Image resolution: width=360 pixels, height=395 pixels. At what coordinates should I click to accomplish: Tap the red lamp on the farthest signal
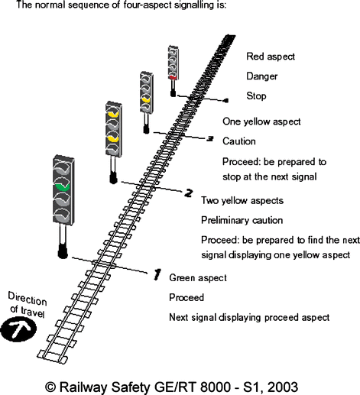pyautogui.click(x=174, y=76)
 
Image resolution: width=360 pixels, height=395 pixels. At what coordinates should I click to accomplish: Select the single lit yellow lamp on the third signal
pyautogui.click(x=144, y=98)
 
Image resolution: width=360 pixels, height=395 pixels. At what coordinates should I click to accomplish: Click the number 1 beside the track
pyautogui.click(x=157, y=272)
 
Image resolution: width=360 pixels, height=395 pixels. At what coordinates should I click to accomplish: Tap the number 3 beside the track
pyautogui.click(x=209, y=138)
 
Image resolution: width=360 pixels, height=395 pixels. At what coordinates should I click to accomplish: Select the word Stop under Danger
pyautogui.click(x=256, y=96)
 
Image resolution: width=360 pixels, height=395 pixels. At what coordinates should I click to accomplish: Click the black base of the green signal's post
pyautogui.click(x=62, y=251)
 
